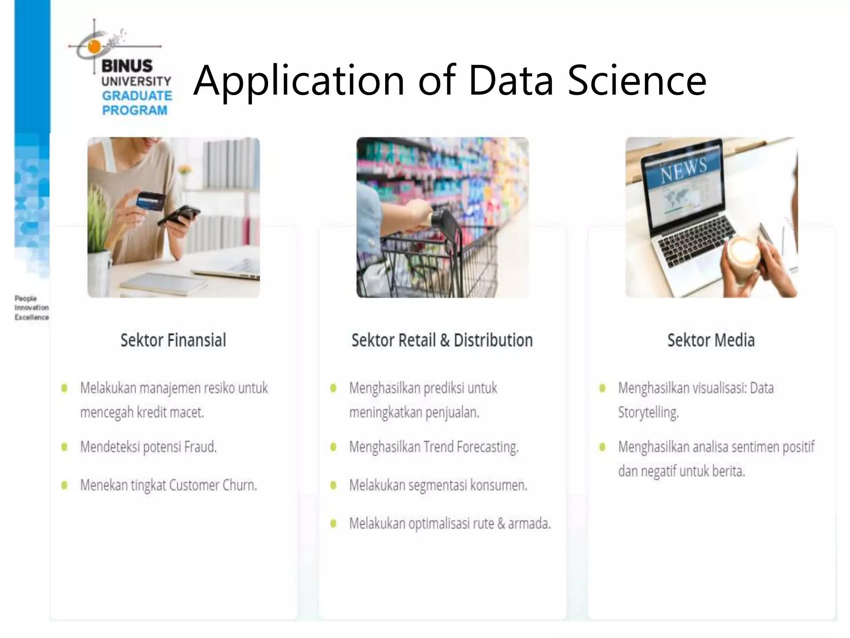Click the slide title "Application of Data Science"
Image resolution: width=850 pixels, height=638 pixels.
pos(449,80)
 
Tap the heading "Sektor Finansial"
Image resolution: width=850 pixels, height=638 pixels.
pos(173,340)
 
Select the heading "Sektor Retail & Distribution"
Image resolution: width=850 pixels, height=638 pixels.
pos(442,340)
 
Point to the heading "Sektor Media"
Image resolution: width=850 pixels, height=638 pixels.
pos(711,340)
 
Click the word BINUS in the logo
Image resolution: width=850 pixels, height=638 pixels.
pos(127,66)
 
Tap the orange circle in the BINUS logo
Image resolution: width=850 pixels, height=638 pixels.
pos(94,47)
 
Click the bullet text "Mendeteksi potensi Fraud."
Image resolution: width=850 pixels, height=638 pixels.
pos(149,447)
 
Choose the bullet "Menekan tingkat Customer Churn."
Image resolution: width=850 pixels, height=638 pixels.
pos(169,485)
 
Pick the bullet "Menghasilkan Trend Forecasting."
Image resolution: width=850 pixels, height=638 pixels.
pos(434,447)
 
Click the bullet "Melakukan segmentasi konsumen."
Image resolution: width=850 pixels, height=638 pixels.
pos(438,485)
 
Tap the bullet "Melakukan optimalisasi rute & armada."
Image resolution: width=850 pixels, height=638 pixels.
pos(450,523)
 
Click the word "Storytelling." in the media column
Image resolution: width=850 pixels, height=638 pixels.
pos(648,412)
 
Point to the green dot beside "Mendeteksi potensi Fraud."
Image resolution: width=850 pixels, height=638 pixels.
pos(64,447)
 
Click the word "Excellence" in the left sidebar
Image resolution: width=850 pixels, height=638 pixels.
pos(32,317)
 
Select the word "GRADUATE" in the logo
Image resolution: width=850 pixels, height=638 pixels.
pos(137,96)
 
